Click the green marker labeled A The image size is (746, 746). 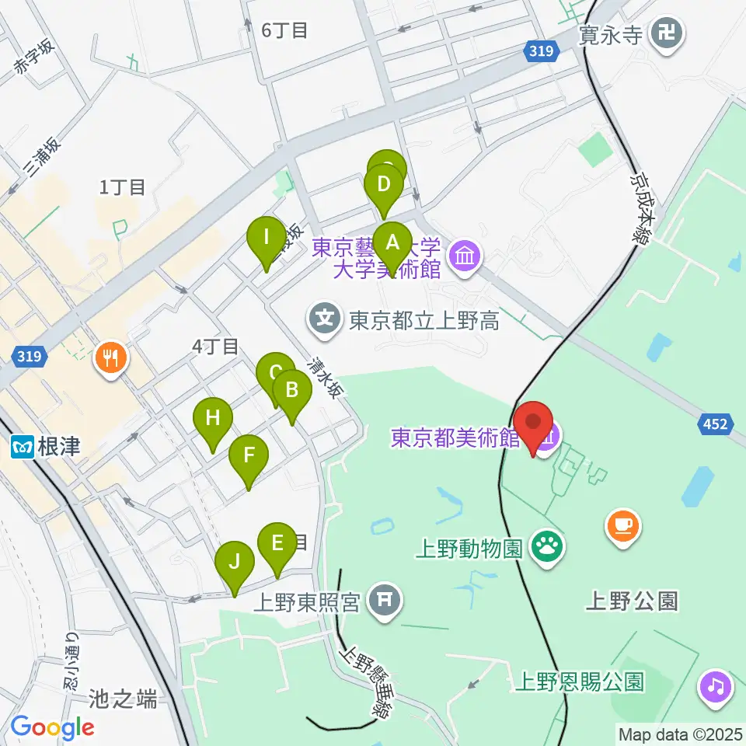[392, 242]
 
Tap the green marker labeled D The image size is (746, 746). [384, 186]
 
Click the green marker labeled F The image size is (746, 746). [249, 455]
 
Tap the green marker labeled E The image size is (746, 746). [277, 543]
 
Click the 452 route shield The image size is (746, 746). [716, 424]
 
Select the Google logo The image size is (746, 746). [52, 727]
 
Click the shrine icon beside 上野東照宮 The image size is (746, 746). [384, 601]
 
